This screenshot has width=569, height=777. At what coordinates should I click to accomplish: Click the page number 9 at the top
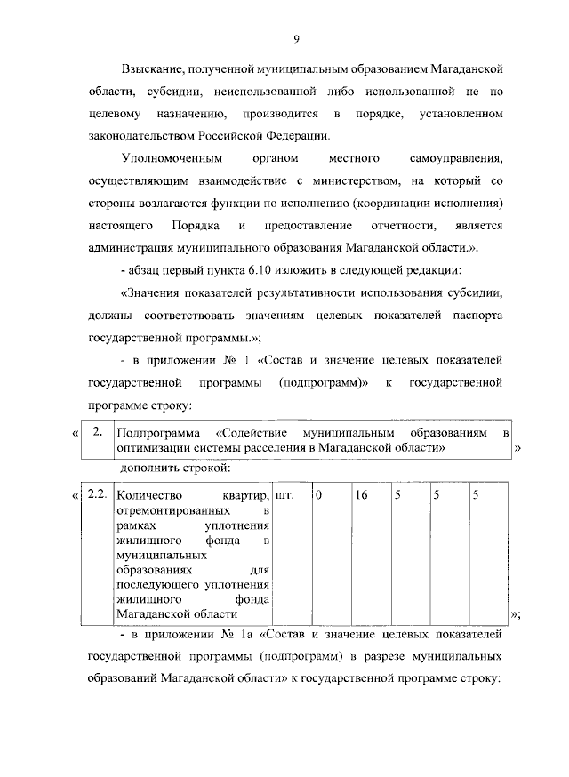click(296, 37)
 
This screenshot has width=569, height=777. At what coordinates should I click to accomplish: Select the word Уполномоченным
click(165, 160)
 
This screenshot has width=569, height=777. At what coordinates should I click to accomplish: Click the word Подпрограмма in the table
click(156, 432)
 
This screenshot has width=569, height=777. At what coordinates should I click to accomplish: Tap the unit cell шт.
click(284, 494)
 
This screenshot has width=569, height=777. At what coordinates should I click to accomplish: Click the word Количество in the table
click(149, 494)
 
